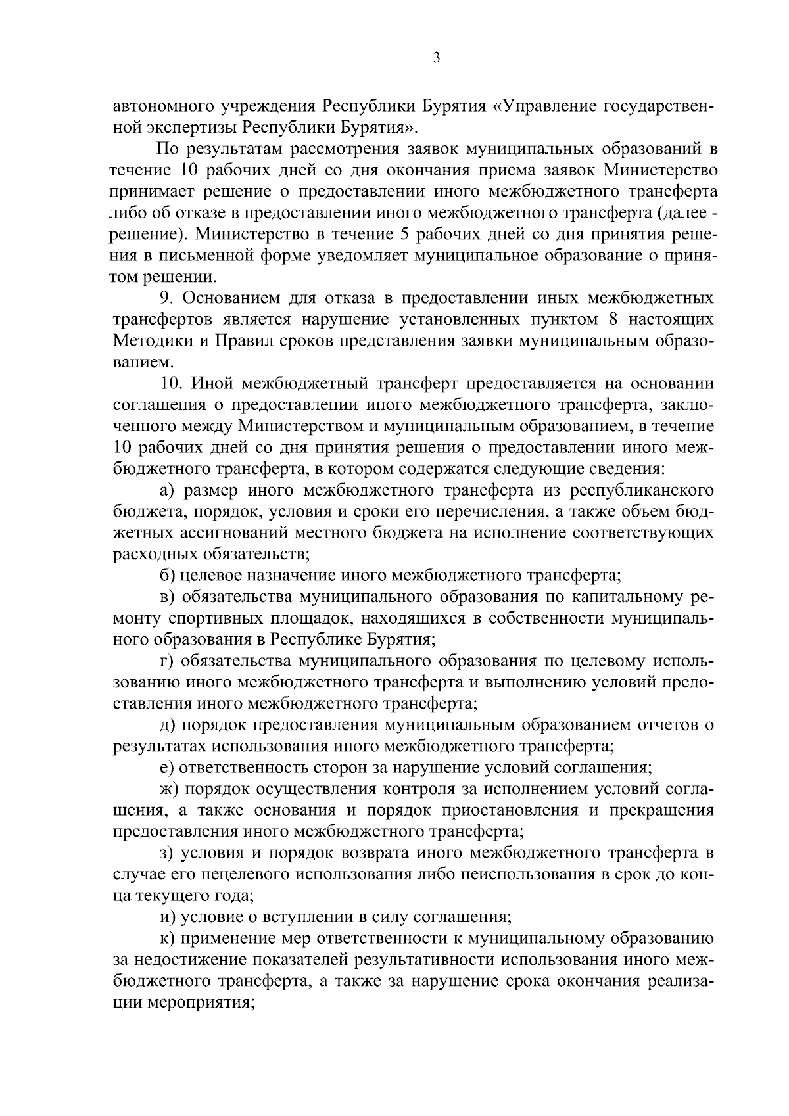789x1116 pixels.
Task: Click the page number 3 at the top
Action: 436,58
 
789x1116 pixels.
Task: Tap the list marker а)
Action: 168,490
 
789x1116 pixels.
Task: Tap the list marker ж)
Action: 170,789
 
